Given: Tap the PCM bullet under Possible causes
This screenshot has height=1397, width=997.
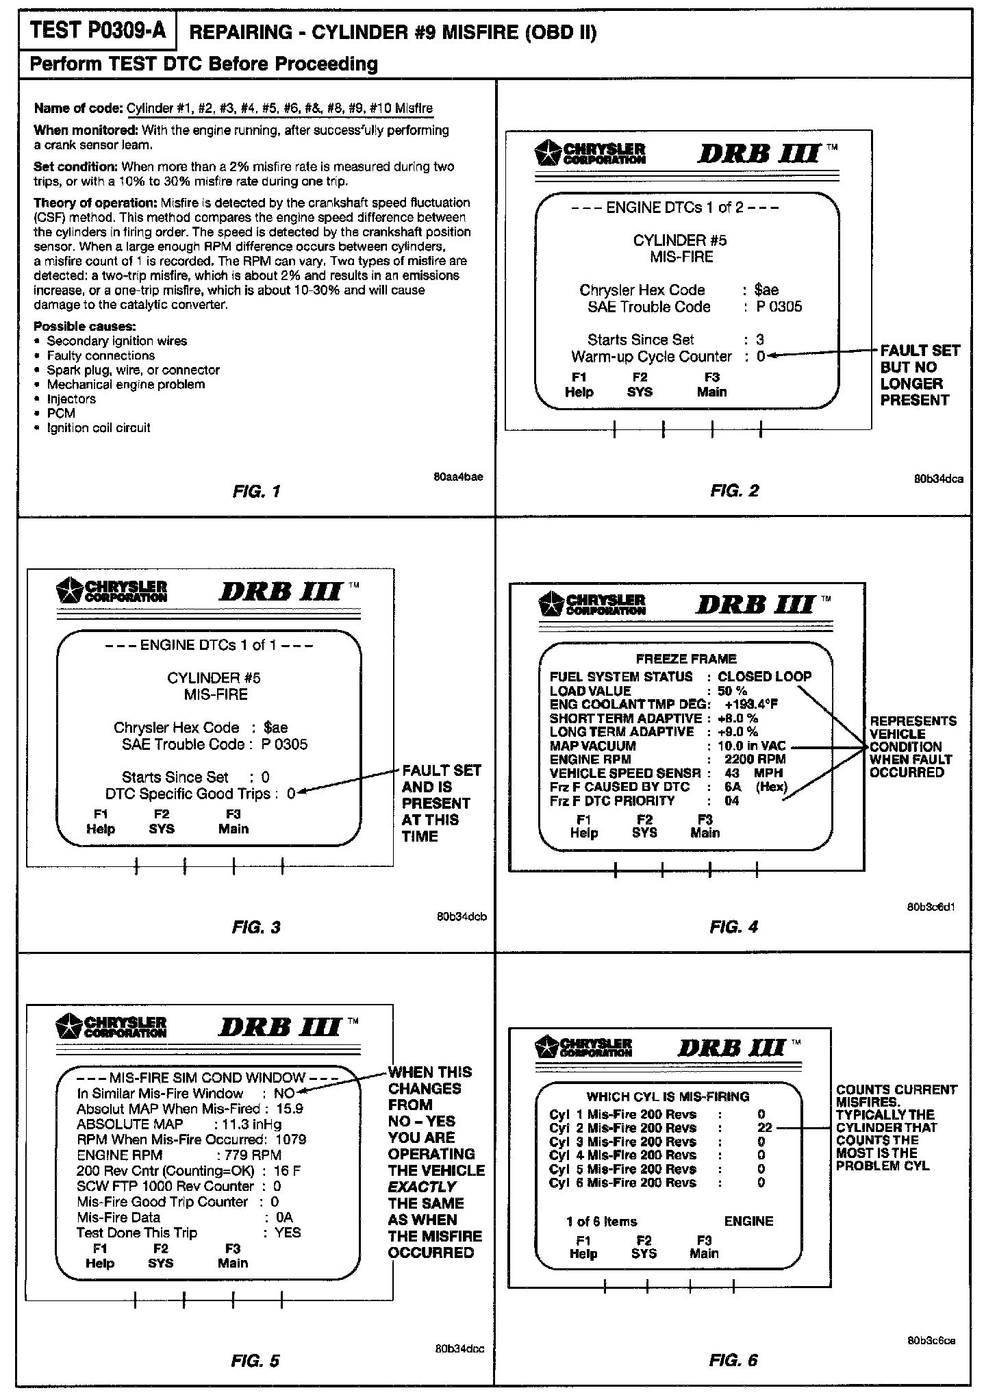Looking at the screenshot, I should (x=61, y=413).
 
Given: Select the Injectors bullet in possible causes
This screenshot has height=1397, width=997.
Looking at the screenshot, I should (x=71, y=399).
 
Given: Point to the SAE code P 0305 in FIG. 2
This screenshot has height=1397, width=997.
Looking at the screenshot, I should (x=779, y=307).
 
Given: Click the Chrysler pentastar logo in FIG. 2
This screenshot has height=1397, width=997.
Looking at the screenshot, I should (x=546, y=153).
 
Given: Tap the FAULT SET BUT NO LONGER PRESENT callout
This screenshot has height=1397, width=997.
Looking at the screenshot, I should (x=919, y=375).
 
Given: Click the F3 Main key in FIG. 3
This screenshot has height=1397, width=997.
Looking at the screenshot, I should (x=233, y=821).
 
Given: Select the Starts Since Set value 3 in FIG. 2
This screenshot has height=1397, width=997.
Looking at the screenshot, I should (x=760, y=340).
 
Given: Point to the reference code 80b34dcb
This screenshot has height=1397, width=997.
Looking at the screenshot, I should (x=462, y=916).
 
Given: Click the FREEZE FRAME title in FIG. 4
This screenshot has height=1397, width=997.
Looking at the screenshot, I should (x=686, y=659).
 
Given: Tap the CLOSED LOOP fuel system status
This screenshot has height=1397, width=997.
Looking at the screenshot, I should (x=764, y=677).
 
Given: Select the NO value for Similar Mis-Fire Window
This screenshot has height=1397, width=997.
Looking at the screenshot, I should (x=283, y=1094).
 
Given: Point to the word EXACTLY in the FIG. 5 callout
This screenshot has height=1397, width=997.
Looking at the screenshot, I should (x=421, y=1187).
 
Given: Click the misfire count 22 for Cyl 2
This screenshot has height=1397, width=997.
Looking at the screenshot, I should (x=764, y=1128).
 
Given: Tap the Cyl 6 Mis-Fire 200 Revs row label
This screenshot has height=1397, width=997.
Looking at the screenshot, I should (x=622, y=1183).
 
